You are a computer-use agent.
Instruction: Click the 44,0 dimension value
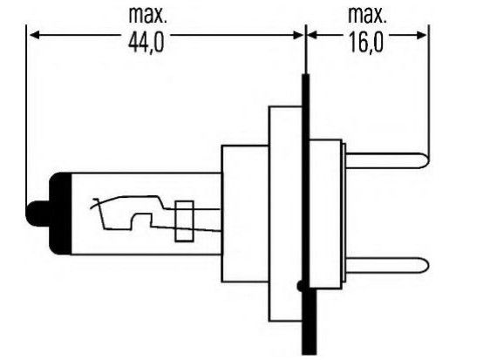click(146, 43)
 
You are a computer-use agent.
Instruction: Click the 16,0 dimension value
click(365, 43)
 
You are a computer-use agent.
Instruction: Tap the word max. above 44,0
click(147, 15)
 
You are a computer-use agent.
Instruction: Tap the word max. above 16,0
click(367, 15)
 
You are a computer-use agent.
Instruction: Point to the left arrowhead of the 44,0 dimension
click(34, 35)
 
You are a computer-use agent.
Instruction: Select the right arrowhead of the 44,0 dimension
click(298, 35)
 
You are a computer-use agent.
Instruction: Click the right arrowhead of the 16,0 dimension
click(422, 35)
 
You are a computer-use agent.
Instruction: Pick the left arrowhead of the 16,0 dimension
click(312, 35)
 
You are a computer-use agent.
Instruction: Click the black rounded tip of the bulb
click(37, 214)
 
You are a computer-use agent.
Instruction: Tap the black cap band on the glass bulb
click(61, 214)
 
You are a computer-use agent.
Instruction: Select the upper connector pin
click(387, 161)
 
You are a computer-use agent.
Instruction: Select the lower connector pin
click(387, 265)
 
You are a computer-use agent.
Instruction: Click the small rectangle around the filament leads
click(184, 221)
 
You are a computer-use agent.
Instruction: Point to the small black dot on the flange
click(300, 286)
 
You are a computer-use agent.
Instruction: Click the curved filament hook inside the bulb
click(98, 203)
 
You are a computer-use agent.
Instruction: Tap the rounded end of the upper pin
click(425, 161)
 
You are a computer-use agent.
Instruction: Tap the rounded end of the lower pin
click(425, 265)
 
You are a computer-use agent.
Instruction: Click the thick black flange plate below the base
click(309, 322)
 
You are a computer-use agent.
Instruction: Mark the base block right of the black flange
click(325, 214)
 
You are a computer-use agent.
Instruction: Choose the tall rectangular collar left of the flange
click(286, 214)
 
